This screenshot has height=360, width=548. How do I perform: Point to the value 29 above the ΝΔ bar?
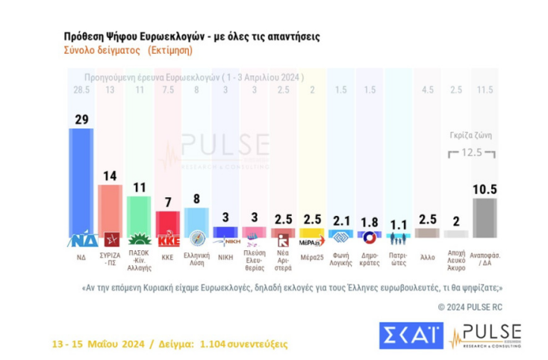click(x=82, y=118)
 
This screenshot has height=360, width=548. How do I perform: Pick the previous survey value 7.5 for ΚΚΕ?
click(x=167, y=90)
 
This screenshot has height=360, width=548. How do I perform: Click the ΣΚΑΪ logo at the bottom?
click(x=411, y=335)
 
